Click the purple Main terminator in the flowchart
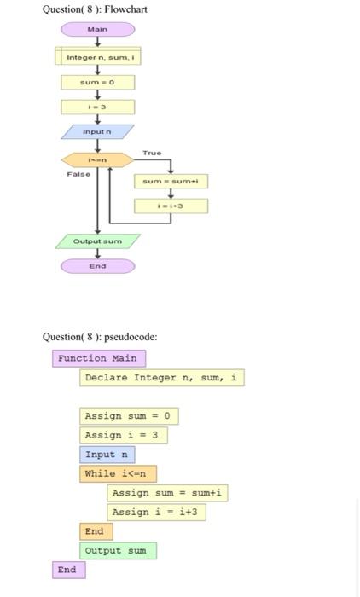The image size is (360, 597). (x=98, y=29)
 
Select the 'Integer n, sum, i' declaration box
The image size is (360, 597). (x=98, y=57)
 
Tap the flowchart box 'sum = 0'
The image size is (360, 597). (x=98, y=83)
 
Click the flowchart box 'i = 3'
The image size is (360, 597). (x=98, y=107)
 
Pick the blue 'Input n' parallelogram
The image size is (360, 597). (x=97, y=132)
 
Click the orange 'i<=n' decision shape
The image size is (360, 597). (x=97, y=159)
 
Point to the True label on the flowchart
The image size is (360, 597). (x=152, y=152)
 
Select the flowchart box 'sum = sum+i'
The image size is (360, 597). (x=171, y=182)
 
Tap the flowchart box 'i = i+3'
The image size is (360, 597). (x=171, y=206)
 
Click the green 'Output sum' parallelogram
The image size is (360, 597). (x=97, y=241)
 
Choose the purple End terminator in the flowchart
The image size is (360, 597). (x=97, y=266)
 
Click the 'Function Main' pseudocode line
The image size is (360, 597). (x=97, y=358)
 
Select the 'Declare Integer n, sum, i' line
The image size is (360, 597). (x=162, y=377)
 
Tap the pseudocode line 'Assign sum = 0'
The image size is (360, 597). (x=130, y=416)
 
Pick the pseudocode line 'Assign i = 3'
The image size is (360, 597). (x=124, y=435)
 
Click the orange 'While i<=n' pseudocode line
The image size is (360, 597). (x=119, y=473)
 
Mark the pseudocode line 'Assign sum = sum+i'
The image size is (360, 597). (x=168, y=493)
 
